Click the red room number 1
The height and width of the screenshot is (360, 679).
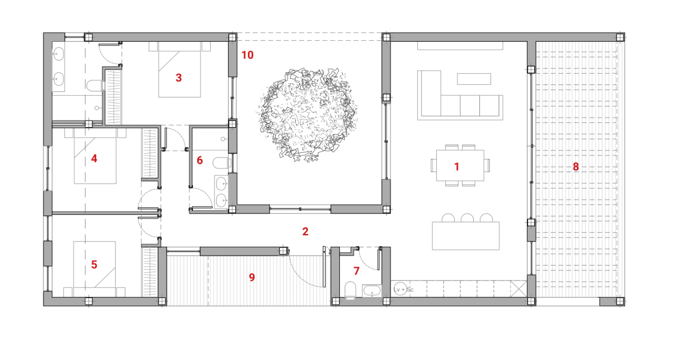[x=457, y=167]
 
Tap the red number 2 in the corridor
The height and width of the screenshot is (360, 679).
[x=305, y=231]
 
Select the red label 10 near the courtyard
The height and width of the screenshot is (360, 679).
[x=247, y=55]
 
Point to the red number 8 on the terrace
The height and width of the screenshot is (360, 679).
[x=576, y=167]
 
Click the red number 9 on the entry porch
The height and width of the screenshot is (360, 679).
[x=252, y=277]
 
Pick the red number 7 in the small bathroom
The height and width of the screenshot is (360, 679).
[x=357, y=271]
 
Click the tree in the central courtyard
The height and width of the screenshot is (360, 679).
[x=308, y=114]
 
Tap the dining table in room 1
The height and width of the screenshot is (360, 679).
[x=460, y=165]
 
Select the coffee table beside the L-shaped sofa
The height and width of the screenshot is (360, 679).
[x=474, y=79]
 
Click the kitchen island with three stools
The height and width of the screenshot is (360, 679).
[x=465, y=236]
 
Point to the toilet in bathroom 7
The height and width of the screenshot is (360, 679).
[x=350, y=290]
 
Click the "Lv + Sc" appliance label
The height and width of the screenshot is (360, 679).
[x=404, y=290]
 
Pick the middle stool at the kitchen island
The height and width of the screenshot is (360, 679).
[x=467, y=218]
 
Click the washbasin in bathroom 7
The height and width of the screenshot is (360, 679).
[x=372, y=291]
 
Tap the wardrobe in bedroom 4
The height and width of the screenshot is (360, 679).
[x=150, y=153]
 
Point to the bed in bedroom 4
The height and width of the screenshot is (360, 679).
[x=95, y=156]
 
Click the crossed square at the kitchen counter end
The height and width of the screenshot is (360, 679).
[x=518, y=289]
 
